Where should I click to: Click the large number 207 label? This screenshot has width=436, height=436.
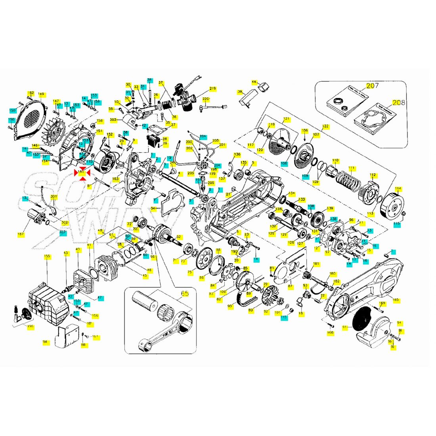click(372, 86)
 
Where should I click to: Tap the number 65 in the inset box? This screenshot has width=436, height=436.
click(185, 294)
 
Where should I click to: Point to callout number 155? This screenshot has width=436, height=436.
click(47, 256)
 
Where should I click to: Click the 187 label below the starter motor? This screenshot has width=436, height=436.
click(21, 234)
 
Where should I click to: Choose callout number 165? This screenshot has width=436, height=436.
click(396, 299)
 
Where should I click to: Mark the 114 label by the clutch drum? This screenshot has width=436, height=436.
click(398, 189)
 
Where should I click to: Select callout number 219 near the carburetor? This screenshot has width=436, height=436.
click(212, 88)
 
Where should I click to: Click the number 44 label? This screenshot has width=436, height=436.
click(254, 82)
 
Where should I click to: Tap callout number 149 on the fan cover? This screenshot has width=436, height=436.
click(41, 94)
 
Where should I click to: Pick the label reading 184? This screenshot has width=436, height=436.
click(45, 341)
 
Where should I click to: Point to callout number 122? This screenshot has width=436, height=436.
click(325, 126)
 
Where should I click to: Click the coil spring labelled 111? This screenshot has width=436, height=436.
click(348, 180)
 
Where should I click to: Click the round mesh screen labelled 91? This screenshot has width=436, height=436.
click(361, 319)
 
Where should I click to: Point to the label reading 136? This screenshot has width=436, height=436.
click(237, 154)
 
